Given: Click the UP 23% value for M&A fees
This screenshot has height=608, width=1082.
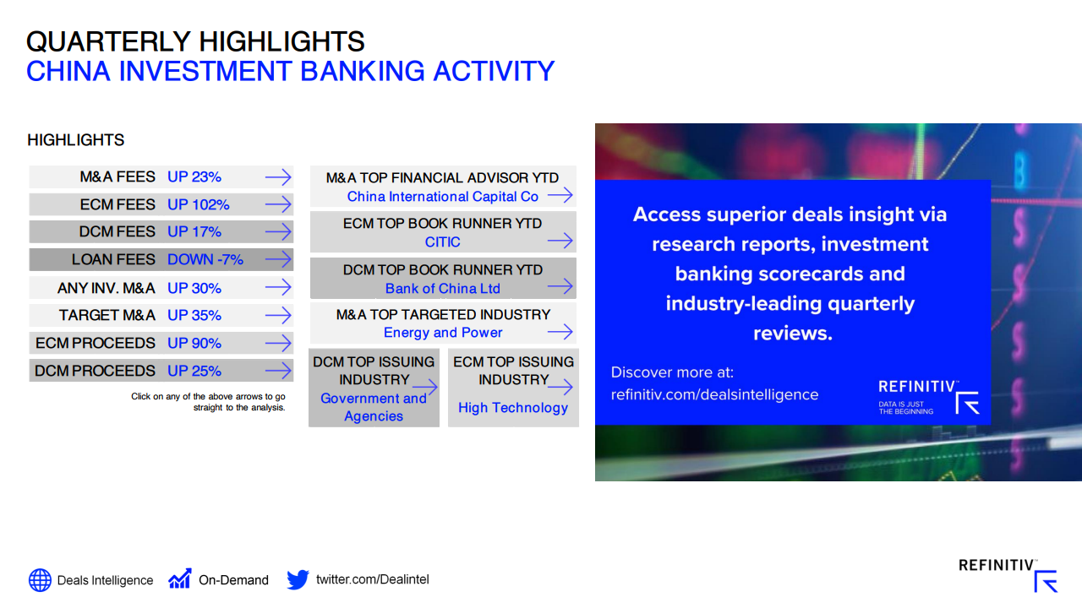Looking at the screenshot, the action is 194,177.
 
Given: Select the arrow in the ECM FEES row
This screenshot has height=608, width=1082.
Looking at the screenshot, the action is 278,204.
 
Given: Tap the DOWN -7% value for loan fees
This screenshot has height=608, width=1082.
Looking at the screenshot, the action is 205,259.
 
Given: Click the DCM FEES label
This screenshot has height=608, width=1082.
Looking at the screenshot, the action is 117,231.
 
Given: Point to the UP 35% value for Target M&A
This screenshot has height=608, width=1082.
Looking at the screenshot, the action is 194,316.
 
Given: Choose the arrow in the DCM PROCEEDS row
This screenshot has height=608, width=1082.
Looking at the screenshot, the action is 278,371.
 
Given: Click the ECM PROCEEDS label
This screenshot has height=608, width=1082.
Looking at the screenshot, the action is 96,343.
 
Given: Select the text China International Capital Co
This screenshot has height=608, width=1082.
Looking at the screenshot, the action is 442,197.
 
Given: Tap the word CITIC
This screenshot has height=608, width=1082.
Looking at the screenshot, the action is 442,242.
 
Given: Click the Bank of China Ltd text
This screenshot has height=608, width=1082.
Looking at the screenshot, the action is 442,289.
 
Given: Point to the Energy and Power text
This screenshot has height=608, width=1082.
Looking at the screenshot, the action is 443,333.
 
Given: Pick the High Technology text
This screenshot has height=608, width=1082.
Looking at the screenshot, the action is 513,408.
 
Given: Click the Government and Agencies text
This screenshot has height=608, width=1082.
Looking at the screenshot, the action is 374,407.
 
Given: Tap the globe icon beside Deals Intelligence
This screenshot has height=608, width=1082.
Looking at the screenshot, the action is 40,579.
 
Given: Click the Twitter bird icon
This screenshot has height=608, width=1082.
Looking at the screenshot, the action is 298,579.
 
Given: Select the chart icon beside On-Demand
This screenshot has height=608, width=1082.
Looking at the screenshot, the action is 180,578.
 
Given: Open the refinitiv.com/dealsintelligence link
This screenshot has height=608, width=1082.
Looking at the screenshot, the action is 714,394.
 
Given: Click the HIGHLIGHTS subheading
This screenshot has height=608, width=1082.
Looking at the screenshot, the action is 76,140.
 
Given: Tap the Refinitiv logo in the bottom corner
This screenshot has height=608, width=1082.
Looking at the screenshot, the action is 1008,575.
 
